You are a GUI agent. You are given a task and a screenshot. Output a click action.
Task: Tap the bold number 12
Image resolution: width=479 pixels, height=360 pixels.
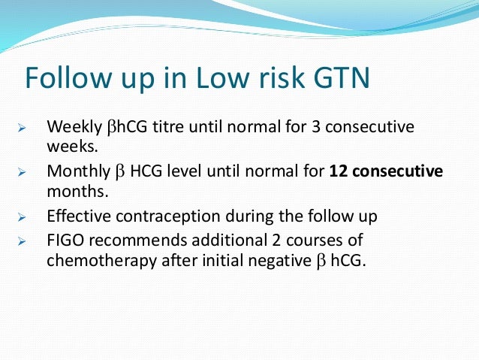[x=339, y=171]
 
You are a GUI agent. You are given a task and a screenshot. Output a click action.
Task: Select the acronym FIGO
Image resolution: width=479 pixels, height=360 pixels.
[x=65, y=243]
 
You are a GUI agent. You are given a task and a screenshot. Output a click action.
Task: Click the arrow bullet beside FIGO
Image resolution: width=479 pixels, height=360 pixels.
[x=22, y=244]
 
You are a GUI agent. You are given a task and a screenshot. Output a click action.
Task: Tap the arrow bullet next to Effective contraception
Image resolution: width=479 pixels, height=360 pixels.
[x=22, y=217]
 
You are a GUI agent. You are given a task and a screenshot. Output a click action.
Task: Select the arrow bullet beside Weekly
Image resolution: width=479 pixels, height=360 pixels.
[x=22, y=128]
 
